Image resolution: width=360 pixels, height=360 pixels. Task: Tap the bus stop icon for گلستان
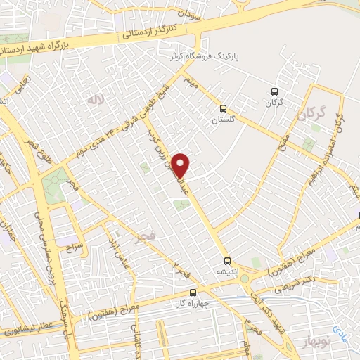click(224, 108)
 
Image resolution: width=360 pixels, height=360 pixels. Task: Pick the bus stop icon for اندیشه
click(227, 259)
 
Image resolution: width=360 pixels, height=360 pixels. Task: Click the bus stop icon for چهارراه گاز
click(193, 293)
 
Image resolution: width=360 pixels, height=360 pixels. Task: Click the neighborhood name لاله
click(95, 101)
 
